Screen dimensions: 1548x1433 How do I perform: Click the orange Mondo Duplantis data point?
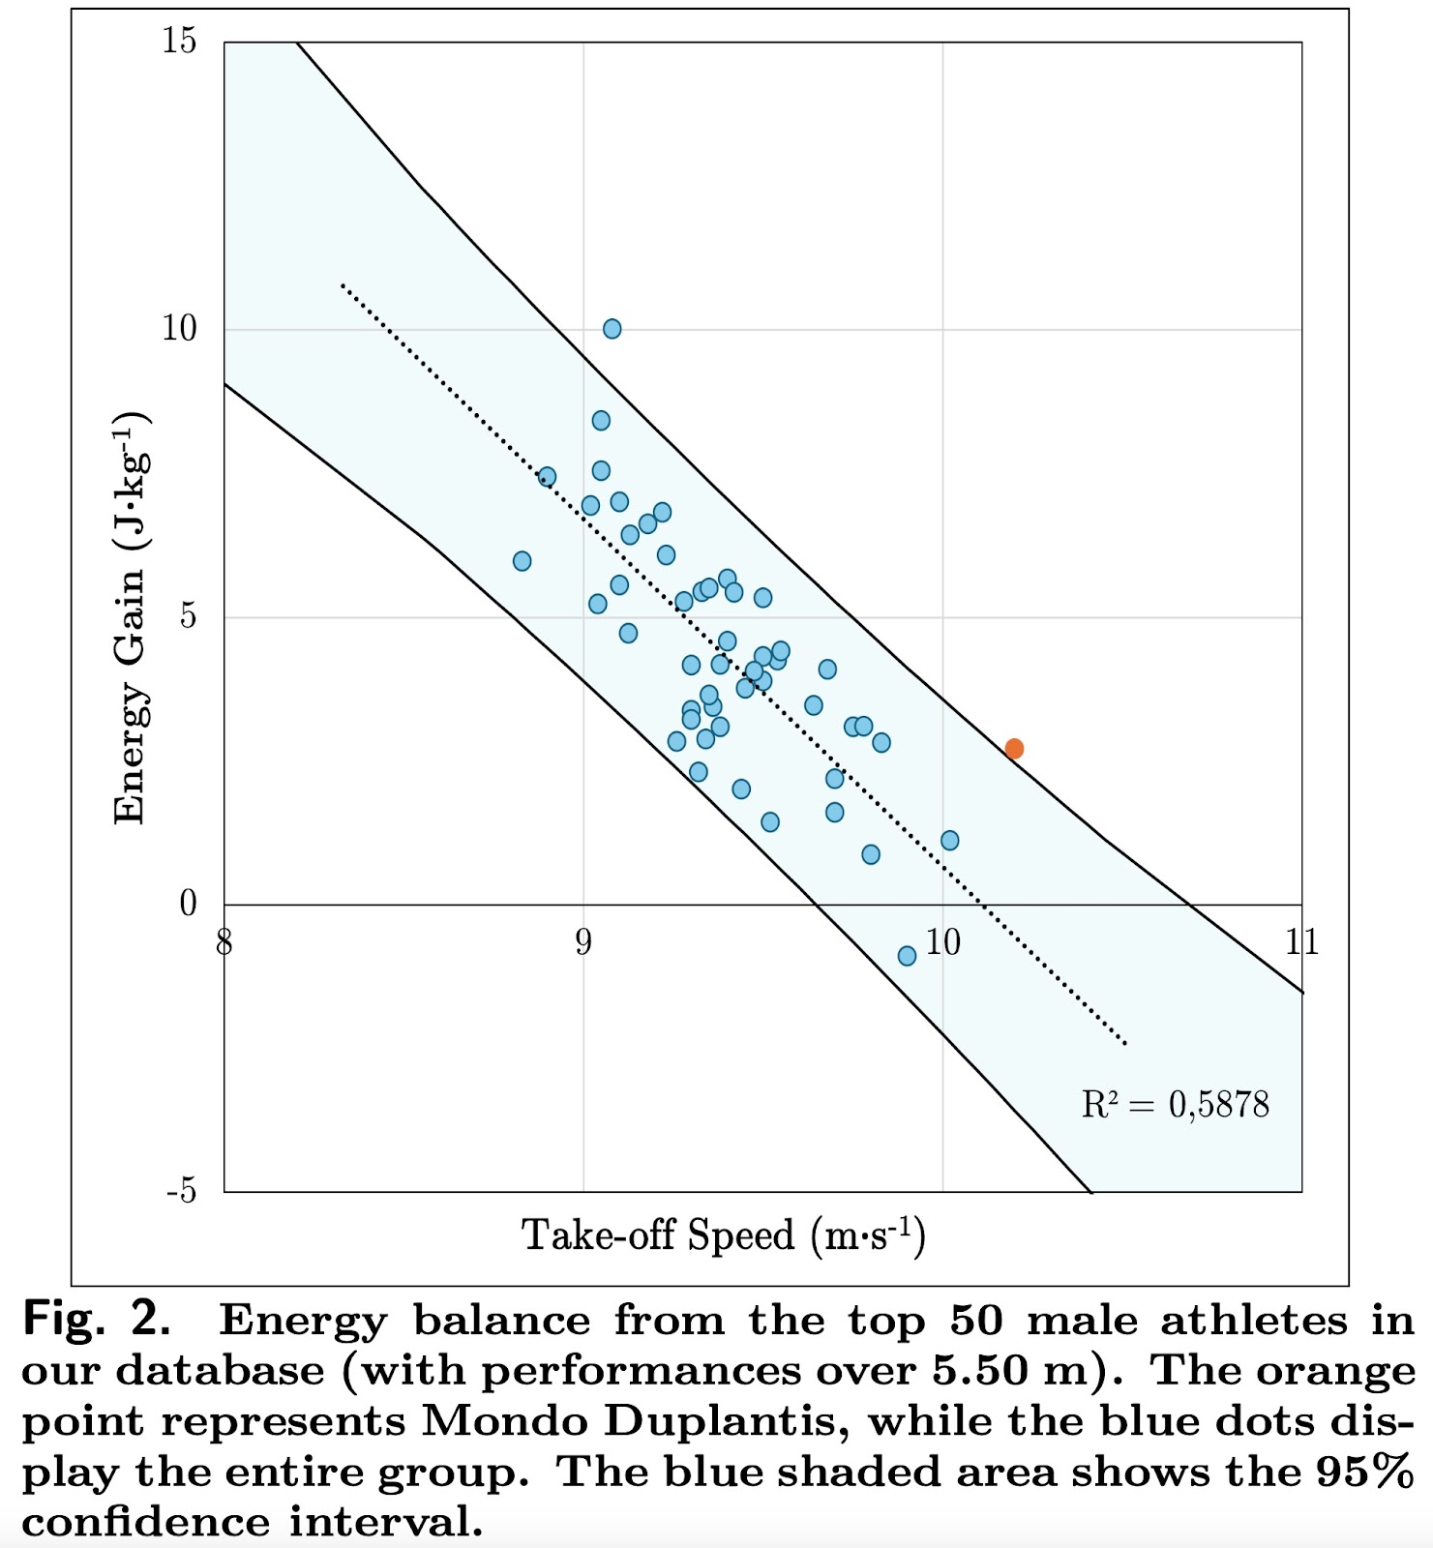coord(1014,748)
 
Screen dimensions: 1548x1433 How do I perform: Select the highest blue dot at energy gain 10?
coord(612,329)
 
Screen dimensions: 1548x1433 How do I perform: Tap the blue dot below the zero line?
coord(907,956)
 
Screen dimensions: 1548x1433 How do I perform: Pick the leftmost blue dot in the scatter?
coord(522,561)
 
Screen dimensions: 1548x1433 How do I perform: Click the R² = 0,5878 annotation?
coord(1175,1104)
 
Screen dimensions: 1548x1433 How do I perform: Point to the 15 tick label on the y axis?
coord(179,42)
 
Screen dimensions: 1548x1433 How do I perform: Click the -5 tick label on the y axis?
coord(181,1191)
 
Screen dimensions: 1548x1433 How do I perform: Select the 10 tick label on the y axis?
coord(179,329)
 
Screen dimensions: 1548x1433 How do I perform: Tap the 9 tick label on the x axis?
coord(582,941)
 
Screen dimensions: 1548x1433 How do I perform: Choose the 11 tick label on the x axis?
coord(1301,941)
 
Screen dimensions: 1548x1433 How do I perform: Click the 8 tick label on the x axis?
coord(224,941)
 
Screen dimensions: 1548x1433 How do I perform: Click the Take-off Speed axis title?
coord(724,1235)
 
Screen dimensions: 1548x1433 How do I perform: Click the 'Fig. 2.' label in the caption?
coord(97,1320)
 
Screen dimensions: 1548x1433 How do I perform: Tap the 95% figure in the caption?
coord(1365,1472)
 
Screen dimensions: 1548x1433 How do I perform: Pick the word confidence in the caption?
coord(145,1522)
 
